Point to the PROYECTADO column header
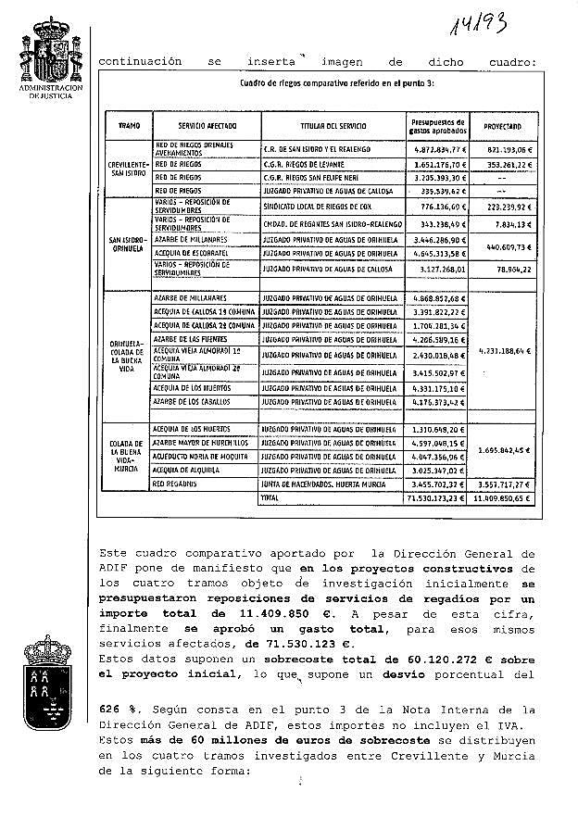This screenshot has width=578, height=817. (x=502, y=125)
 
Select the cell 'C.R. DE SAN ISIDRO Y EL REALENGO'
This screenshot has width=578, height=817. (x=317, y=149)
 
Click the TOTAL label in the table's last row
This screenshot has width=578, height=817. (x=270, y=497)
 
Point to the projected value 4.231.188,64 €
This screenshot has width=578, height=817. (x=501, y=351)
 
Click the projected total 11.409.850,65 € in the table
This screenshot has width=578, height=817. (x=500, y=497)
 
